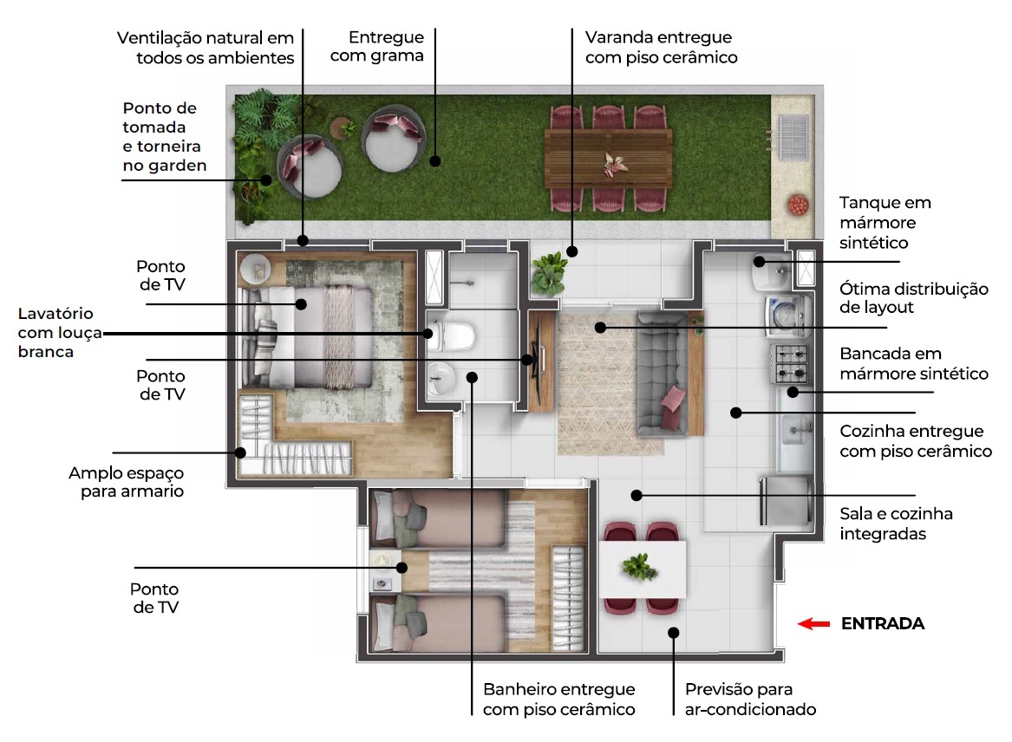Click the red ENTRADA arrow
pyautogui.click(x=813, y=623)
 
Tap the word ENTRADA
pyautogui.click(x=883, y=623)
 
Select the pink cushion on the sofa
pyautogui.click(x=673, y=397)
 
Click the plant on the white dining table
pyautogui.click(x=639, y=568)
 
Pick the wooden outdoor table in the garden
pyautogui.click(x=608, y=155)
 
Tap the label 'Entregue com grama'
pyautogui.click(x=387, y=47)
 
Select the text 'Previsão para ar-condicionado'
pyautogui.click(x=750, y=700)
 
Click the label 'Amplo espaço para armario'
pyautogui.click(x=127, y=482)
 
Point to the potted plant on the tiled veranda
pyautogui.click(x=547, y=272)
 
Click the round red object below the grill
pyautogui.click(x=795, y=205)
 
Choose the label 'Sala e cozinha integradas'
pyautogui.click(x=896, y=524)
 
